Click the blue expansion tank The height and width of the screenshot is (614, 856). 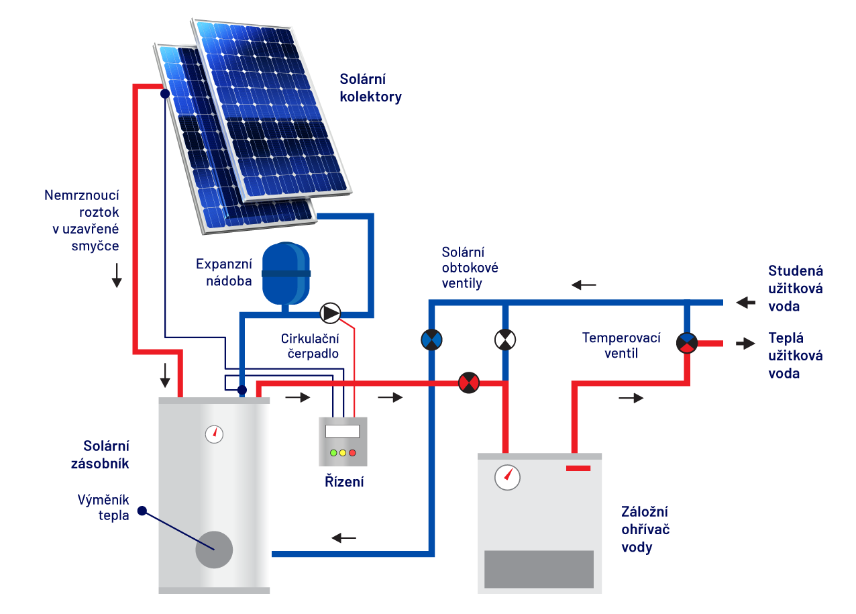pyautogui.click(x=286, y=274)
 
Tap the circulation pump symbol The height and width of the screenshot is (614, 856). pyautogui.click(x=330, y=313)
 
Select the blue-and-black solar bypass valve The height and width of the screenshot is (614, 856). pyautogui.click(x=431, y=340)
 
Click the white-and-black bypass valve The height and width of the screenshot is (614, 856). pyautogui.click(x=504, y=340)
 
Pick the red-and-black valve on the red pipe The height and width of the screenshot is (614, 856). pyautogui.click(x=468, y=382)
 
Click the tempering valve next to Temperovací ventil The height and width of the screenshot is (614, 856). pyautogui.click(x=687, y=343)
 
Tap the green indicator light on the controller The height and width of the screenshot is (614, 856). pyautogui.click(x=333, y=453)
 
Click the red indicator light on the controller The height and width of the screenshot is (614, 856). pyautogui.click(x=352, y=453)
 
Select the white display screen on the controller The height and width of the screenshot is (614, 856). pyautogui.click(x=342, y=431)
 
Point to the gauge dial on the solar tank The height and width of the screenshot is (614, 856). pyautogui.click(x=214, y=434)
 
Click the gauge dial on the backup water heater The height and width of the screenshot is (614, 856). pyautogui.click(x=507, y=477)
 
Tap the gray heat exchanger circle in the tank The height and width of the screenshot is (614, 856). pyautogui.click(x=214, y=550)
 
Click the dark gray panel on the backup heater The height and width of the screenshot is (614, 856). pyautogui.click(x=539, y=569)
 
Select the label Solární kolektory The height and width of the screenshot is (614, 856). pyautogui.click(x=370, y=87)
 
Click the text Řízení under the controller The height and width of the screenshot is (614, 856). pyautogui.click(x=344, y=481)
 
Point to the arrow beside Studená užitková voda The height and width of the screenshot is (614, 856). pyautogui.click(x=745, y=303)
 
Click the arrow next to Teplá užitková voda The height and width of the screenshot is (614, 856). pyautogui.click(x=745, y=343)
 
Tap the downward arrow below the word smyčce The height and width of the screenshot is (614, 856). pyautogui.click(x=117, y=275)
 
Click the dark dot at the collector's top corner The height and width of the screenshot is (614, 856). pyautogui.click(x=165, y=94)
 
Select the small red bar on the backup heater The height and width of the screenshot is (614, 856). pyautogui.click(x=578, y=468)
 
